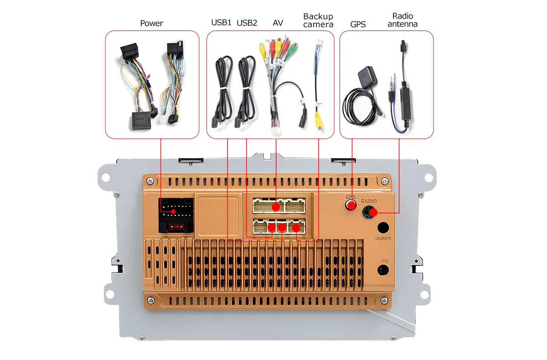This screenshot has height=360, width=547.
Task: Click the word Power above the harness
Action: (151, 23)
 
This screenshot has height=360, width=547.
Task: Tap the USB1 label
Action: (222, 22)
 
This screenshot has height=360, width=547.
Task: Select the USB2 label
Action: (247, 22)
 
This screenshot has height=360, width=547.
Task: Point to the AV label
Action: (278, 22)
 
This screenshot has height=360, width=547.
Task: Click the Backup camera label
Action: (318, 21)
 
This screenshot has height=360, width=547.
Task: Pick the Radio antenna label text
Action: (403, 20)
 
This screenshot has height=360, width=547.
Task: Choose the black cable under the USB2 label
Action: (247, 87)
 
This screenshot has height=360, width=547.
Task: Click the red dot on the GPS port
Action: (351, 206)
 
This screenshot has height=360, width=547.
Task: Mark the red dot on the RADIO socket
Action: (372, 212)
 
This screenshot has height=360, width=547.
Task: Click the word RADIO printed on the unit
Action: (369, 201)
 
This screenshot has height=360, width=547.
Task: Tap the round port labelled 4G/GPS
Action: (383, 228)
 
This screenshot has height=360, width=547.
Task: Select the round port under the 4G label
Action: (383, 270)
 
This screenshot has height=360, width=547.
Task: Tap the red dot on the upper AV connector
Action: (276, 207)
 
